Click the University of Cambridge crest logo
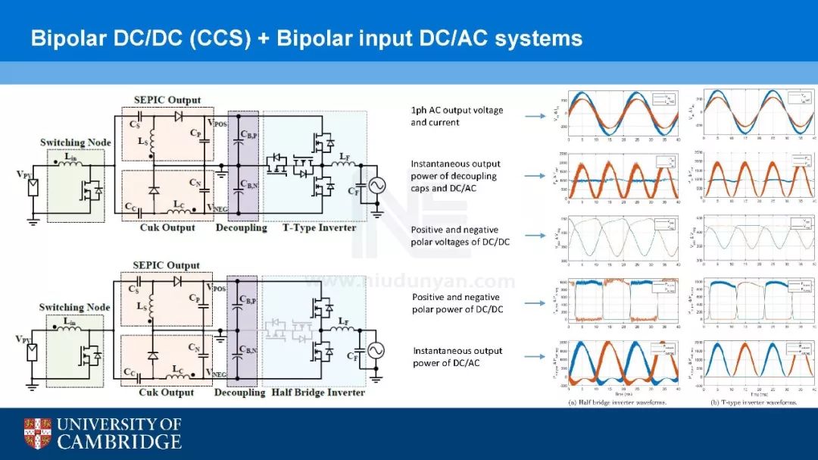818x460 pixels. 38,433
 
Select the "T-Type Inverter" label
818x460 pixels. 319,227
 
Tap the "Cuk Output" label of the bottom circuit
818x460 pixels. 167,393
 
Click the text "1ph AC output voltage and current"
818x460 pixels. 457,116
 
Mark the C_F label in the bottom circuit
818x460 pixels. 354,355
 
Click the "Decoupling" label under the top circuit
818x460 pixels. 242,227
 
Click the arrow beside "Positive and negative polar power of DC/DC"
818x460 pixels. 535,303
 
